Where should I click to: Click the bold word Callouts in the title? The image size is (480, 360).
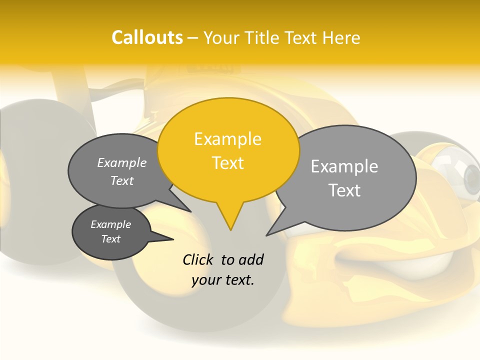[147, 37]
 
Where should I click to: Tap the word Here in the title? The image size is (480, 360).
[341, 37]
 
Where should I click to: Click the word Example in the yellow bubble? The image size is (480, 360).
[227, 138]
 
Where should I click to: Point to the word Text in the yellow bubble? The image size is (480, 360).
[228, 162]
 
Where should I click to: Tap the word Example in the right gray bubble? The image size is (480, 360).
[344, 166]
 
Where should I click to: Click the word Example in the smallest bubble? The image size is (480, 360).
[110, 224]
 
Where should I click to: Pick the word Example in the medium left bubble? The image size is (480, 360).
[121, 162]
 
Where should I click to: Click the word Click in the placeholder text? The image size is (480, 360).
[198, 259]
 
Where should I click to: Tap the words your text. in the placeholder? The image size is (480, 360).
[223, 280]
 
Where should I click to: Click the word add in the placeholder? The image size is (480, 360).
[250, 259]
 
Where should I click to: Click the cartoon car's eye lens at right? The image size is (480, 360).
[471, 175]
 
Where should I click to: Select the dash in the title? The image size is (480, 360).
[193, 37]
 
